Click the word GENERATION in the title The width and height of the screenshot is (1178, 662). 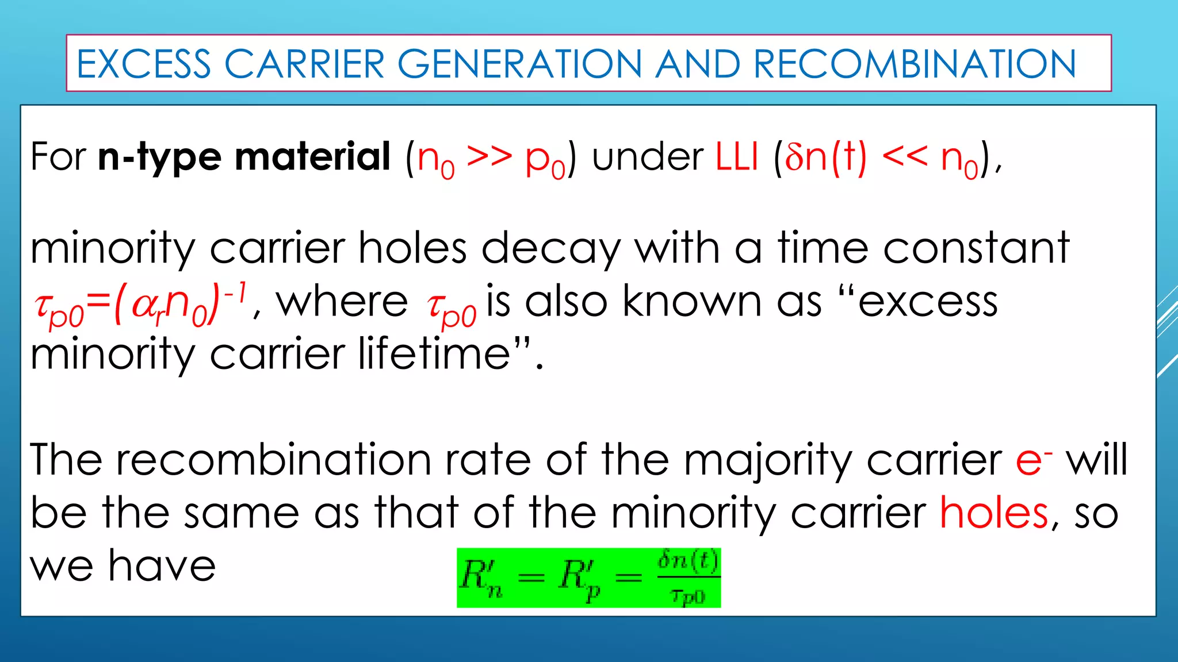pyautogui.click(x=519, y=64)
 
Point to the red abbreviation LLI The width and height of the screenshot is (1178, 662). pyautogui.click(x=737, y=156)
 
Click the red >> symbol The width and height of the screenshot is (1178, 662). pyautogui.click(x=489, y=156)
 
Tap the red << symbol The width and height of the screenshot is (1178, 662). pyautogui.click(x=904, y=156)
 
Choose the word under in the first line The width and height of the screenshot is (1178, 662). pyautogui.click(x=648, y=156)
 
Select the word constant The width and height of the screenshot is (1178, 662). pyautogui.click(x=976, y=248)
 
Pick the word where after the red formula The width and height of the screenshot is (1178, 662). pyautogui.click(x=342, y=302)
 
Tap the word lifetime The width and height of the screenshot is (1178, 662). pyautogui.click(x=434, y=354)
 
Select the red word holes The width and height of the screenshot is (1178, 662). pyautogui.click(x=994, y=513)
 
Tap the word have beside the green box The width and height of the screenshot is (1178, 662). pyautogui.click(x=162, y=565)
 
